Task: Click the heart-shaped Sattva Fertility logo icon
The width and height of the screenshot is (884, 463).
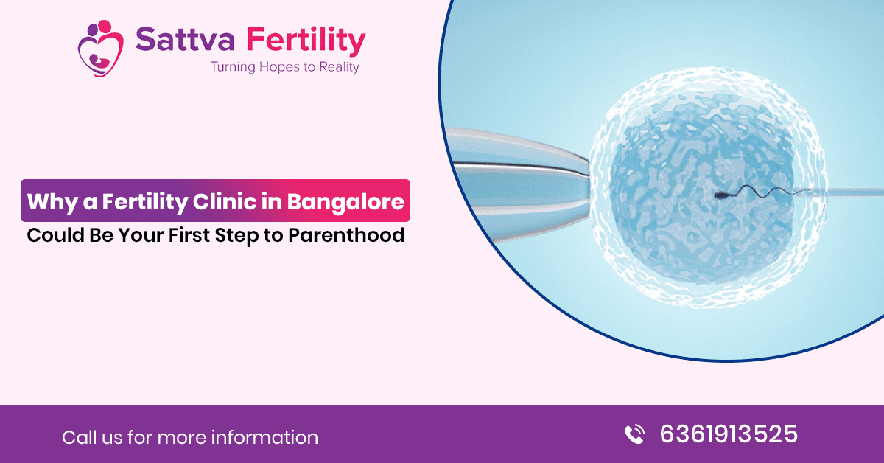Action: click(101, 48)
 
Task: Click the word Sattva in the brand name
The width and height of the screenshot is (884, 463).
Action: click(185, 39)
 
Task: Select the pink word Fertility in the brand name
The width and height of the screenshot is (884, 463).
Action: click(306, 41)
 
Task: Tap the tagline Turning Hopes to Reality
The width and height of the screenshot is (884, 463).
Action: click(284, 67)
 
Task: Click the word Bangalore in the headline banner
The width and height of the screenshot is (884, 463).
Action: click(345, 201)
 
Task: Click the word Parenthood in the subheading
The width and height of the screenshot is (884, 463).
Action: click(346, 234)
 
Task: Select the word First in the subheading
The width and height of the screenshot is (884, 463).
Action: click(189, 234)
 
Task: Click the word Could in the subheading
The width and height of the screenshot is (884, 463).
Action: click(56, 234)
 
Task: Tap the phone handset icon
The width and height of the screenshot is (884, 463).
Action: click(634, 434)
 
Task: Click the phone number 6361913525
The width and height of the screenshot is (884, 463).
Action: click(729, 434)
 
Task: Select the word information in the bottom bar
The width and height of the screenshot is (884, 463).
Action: click(264, 437)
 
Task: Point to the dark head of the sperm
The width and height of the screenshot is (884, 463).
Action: click(720, 195)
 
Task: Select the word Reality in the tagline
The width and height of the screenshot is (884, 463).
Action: click(339, 67)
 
